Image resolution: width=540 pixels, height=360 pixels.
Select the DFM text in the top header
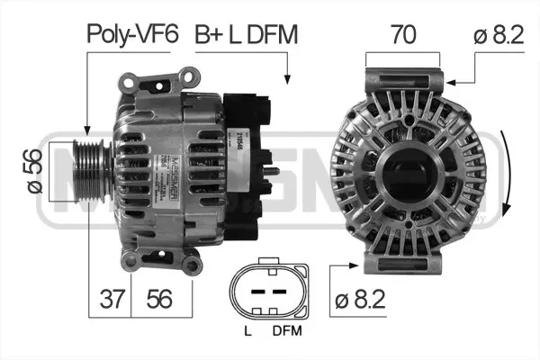(269, 35)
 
